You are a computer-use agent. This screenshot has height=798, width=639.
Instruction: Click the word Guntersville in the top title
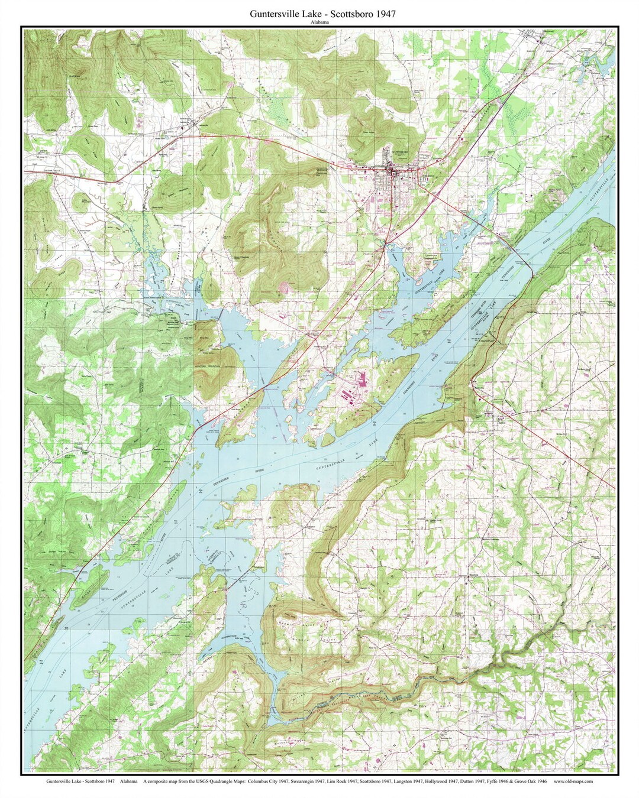(267, 12)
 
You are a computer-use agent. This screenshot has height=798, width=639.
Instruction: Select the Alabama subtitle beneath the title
(319, 22)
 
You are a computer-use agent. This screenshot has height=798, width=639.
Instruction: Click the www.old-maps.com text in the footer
(573, 781)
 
